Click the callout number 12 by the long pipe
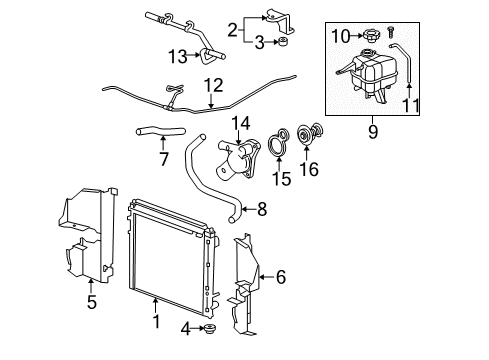point(213,85)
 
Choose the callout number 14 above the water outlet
point(241,123)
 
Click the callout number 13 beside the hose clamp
point(177,54)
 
